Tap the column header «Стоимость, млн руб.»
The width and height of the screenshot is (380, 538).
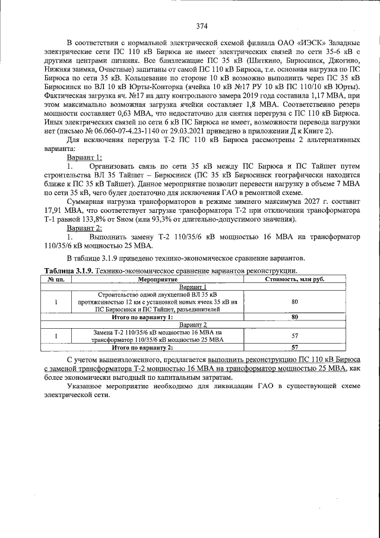click(x=294, y=278)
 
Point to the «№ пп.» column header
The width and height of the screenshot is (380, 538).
click(x=55, y=278)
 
